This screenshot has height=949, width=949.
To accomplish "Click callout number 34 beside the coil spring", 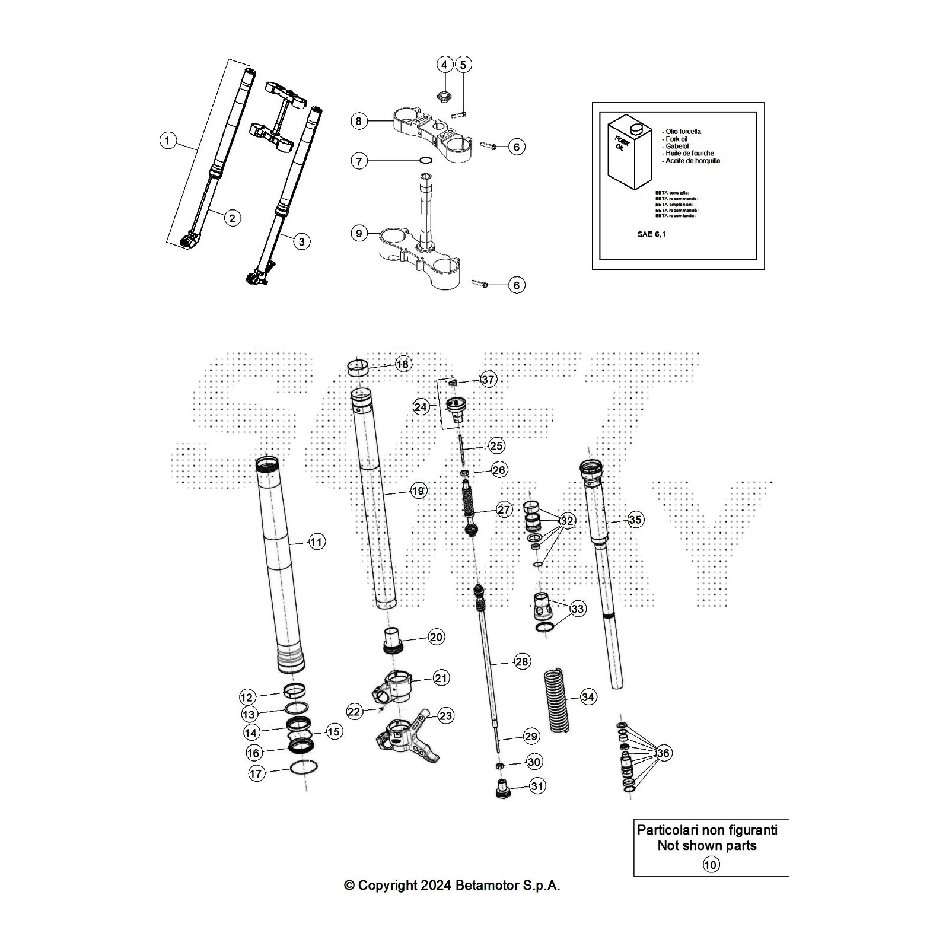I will point(588,697).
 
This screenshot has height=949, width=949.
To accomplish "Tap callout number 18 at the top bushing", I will point(403,364).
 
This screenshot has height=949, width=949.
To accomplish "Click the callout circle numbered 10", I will point(711,865).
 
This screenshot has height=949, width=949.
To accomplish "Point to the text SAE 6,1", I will point(651,234).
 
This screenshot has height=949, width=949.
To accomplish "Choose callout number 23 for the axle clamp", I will point(445,716).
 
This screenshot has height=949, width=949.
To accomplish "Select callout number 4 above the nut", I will point(445,65).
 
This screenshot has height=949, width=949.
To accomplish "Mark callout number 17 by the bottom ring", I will point(256,773).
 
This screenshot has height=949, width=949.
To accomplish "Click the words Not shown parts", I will point(707,845).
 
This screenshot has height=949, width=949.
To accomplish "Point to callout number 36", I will point(663,753).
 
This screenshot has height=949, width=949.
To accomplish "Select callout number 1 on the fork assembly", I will point(168,141).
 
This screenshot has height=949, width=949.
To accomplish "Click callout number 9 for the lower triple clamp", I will point(359,234).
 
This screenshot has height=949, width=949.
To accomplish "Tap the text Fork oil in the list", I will point(677,139).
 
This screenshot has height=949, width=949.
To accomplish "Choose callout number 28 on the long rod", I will point(522,661).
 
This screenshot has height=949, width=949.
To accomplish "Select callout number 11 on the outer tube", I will point(317,542).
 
